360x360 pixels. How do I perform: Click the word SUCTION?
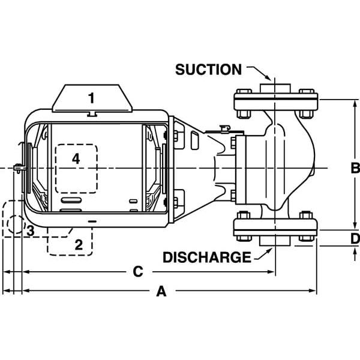208,69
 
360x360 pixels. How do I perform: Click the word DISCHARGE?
207,257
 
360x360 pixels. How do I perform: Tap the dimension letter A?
161,292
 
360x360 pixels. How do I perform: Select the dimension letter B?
355,166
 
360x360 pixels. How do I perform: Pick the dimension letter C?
137,272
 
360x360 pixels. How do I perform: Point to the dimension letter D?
355,238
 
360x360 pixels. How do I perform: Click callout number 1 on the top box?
91,97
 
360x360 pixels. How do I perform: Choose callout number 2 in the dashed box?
78,244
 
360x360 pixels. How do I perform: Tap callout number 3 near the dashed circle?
30,231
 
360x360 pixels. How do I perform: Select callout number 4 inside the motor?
75,158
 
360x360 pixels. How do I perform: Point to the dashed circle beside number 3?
15,226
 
